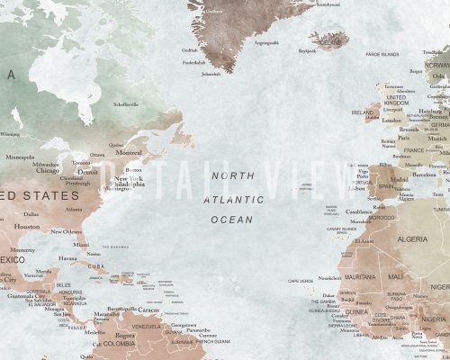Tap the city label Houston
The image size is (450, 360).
[x=28, y=227]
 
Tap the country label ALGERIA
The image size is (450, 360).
[x=415, y=239]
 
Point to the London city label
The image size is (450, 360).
[x=391, y=120]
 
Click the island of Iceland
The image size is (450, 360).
[x=327, y=40]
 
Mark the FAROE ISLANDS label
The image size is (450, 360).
[x=382, y=56]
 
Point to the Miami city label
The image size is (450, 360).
[x=82, y=244]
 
